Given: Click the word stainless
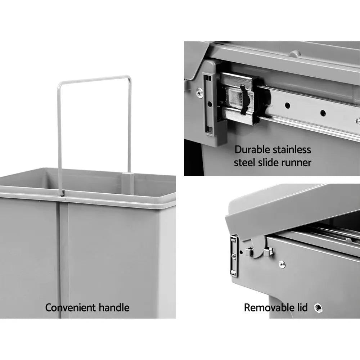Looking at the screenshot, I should pyautogui.click(x=292, y=149).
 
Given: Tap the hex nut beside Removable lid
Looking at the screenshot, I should pyautogui.click(x=318, y=308).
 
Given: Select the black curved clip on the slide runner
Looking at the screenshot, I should pyautogui.click(x=244, y=100).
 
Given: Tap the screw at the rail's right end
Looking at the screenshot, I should pyautogui.click(x=357, y=121).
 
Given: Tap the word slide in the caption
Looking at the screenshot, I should pyautogui.click(x=268, y=162).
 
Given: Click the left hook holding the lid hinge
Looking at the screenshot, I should pyautogui.click(x=249, y=251).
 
